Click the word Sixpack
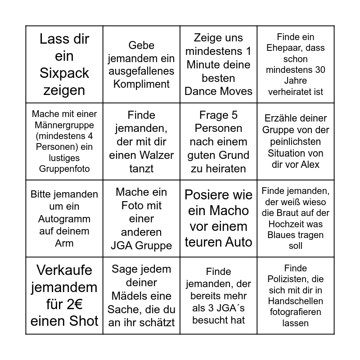click(64, 73)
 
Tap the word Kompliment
click(141, 84)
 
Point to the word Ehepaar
click(296, 48)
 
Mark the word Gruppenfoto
click(64, 169)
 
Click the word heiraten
click(218, 169)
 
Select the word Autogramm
click(64, 219)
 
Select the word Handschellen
click(296, 301)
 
